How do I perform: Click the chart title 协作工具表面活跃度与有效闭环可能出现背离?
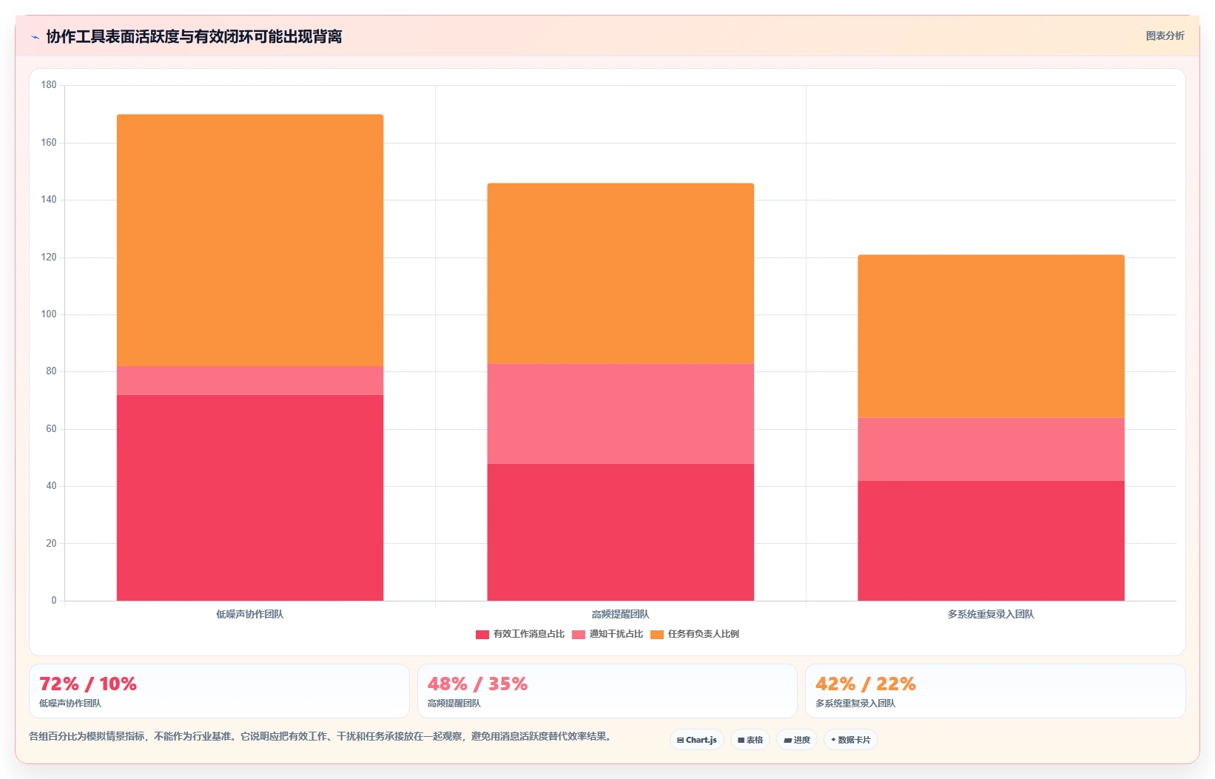coord(194,36)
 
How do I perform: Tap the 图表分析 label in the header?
coord(1165,36)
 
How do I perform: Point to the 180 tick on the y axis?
coord(49,84)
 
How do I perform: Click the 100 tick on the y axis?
coord(49,314)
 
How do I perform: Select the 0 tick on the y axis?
coord(54,600)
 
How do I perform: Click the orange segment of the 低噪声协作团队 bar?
coord(250,240)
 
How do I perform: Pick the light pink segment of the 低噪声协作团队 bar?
coord(250,381)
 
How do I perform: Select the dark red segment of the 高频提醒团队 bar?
coord(621,532)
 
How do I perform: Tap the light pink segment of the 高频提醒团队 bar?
coord(621,414)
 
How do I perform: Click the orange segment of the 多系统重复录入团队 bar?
coord(991,337)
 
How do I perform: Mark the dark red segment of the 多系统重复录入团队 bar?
coord(991,541)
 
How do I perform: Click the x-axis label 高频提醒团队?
coord(621,614)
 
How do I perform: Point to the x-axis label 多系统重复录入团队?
coord(991,614)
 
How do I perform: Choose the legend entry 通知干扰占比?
coord(607,634)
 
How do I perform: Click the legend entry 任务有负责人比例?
coord(695,634)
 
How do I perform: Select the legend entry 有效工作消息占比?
coord(520,634)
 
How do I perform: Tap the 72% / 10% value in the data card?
coord(88,684)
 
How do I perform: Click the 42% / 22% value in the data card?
coord(866,684)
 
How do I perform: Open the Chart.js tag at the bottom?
coord(697,740)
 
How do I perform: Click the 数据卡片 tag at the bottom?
coord(850,740)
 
